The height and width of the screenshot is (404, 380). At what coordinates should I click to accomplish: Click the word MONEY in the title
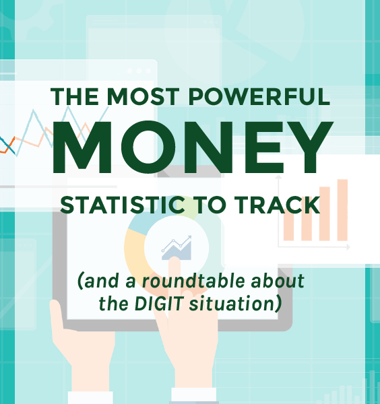192,147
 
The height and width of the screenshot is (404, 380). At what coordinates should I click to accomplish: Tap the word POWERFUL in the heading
259,96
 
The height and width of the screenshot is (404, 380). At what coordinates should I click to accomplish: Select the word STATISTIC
123,205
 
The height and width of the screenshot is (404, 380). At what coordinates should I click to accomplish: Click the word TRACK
277,205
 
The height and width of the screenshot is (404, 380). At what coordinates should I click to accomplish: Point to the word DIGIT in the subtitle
158,304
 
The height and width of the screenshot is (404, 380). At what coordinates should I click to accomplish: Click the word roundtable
193,281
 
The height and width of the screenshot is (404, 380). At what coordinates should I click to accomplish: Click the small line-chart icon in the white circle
177,248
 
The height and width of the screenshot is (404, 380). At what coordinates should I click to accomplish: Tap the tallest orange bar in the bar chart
342,210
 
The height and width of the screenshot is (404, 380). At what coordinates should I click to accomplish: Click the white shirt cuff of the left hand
90,397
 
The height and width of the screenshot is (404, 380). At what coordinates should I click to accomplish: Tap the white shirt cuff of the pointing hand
194,396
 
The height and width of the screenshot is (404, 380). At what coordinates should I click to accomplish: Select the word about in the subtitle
278,281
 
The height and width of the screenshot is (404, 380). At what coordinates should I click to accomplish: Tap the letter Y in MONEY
310,147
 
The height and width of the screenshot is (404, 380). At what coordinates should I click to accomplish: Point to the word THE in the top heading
74,96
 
